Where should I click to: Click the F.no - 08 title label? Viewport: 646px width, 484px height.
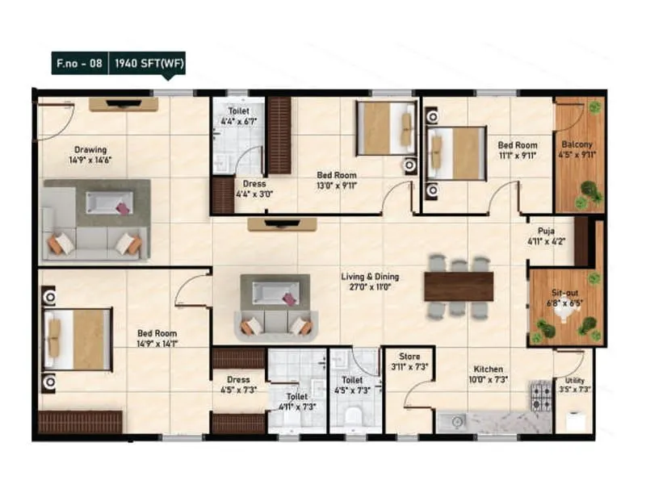coord(78,62)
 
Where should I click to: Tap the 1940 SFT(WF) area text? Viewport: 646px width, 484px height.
coord(146,62)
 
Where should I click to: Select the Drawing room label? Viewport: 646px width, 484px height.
coord(90,150)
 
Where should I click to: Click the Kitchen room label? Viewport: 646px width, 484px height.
coord(489,369)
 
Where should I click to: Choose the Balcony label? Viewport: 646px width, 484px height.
coord(577,145)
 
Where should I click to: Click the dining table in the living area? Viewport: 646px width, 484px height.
coord(459,286)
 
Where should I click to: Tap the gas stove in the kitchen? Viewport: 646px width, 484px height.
coord(539,395)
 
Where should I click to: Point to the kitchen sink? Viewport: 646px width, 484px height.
coord(455,419)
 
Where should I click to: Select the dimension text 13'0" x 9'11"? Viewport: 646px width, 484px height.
coord(336,186)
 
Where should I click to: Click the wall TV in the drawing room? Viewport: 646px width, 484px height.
coord(123,103)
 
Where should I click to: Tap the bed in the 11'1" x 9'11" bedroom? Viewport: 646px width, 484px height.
coord(456,152)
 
